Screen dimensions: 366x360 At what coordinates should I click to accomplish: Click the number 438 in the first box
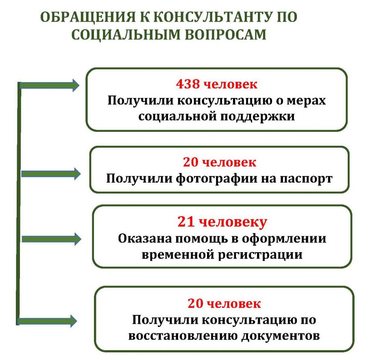[x=187, y=84]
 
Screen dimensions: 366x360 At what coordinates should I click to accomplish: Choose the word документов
[x=280, y=336]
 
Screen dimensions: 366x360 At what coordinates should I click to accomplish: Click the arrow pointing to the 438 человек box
[x=50, y=85]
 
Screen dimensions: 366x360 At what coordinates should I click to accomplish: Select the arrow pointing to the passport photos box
[x=51, y=174]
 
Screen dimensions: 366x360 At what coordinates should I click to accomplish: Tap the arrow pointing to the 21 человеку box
[x=51, y=239]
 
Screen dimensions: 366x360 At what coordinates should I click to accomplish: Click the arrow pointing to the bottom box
[x=48, y=321]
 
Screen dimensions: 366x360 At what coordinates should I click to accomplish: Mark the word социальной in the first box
[x=177, y=116]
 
